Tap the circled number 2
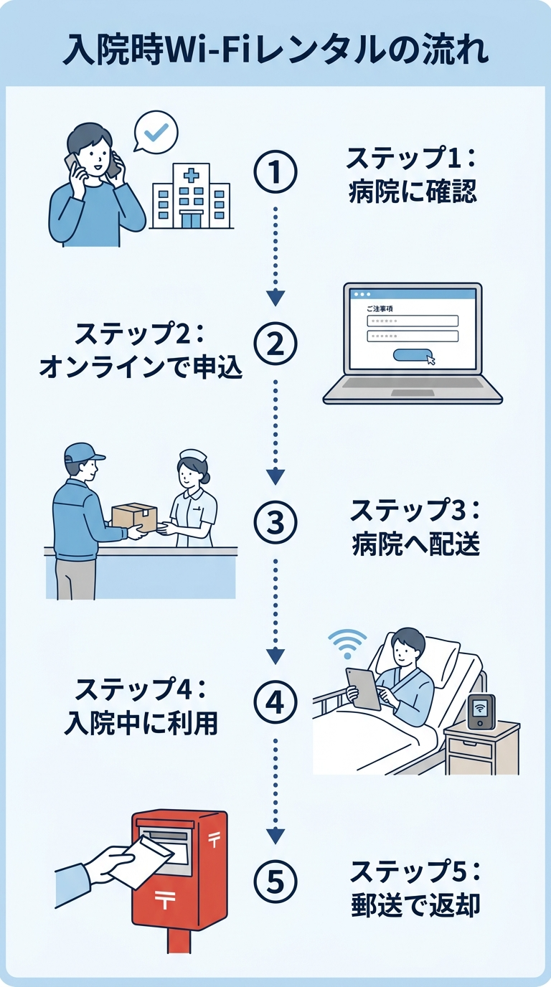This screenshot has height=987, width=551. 275,345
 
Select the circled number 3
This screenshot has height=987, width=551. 275,524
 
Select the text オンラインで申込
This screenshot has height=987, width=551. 141,367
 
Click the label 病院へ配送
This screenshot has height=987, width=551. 415,545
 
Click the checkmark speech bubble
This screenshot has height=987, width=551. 156,131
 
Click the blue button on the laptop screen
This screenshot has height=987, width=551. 413,354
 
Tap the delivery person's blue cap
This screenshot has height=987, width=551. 83,453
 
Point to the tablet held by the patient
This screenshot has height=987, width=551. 362,689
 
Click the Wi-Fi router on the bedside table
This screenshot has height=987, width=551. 481,712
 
